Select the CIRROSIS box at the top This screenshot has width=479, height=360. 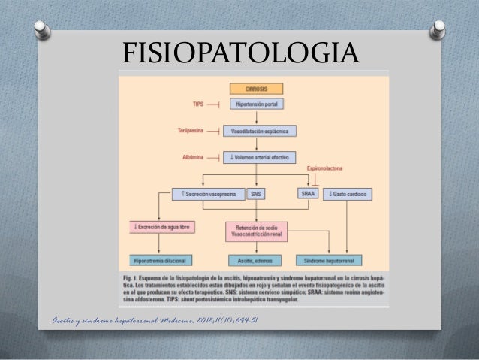(258, 89)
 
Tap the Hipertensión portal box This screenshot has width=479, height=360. (258, 105)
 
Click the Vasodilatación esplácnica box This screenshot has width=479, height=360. (260, 131)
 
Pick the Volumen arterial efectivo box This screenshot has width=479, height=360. (260, 158)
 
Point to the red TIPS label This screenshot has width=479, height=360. (198, 104)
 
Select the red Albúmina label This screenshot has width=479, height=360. (194, 157)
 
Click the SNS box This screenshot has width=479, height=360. (256, 194)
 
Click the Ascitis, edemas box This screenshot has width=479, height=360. (256, 260)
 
